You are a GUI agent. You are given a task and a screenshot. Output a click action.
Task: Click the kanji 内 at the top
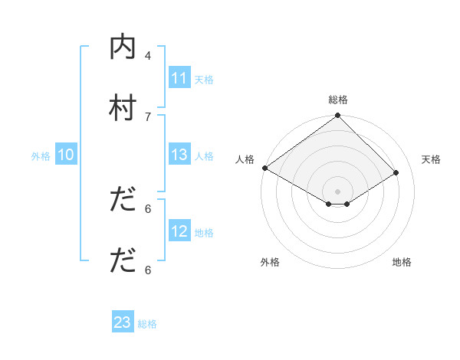pos(123,47)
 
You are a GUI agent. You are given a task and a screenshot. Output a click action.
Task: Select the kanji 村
pos(123,107)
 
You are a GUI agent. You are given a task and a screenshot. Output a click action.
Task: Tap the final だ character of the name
pos(123,260)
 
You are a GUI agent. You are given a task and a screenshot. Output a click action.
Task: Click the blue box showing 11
pos(179,78)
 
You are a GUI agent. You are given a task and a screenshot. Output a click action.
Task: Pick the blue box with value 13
pos(179,155)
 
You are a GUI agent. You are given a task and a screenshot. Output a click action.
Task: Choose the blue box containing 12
pos(179,231)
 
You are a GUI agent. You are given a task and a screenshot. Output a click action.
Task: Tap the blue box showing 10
pos(66,155)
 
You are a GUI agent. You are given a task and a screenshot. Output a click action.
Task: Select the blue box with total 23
pos(123,323)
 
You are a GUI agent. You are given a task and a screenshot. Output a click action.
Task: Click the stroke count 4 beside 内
pos(148,55)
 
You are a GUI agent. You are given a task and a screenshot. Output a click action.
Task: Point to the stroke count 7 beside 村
pos(148,116)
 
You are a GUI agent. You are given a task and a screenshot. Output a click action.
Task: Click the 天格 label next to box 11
pos(203,79)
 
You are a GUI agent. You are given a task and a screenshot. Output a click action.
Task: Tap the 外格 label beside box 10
pos(41,155)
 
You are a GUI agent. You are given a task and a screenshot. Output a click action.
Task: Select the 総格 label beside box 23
pos(147,324)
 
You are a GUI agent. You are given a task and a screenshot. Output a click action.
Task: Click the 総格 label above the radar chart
pos(337,100)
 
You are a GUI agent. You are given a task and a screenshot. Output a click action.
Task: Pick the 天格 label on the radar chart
pos(432,159)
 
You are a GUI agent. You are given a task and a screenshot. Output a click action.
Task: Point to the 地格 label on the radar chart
pos(402,262)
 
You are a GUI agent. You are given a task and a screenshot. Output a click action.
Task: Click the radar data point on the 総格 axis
pos(337,116)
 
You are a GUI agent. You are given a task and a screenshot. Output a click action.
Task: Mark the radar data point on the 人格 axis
pos(264,168)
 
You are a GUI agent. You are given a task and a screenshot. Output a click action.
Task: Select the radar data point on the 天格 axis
pos(396,172)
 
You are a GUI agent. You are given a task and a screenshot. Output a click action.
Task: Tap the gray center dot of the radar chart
pos(337,191)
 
